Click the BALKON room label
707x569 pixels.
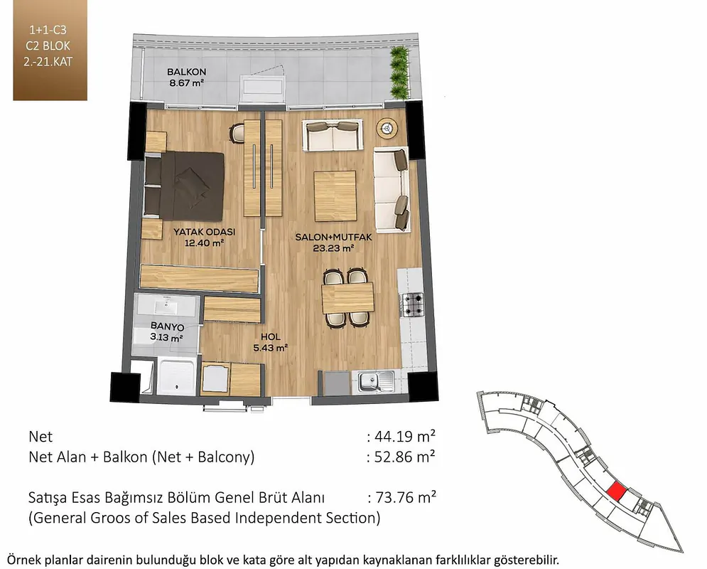tap(186, 72)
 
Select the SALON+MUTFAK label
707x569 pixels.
tap(333, 237)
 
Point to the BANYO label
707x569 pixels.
tap(167, 326)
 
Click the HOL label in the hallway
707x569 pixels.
tap(271, 336)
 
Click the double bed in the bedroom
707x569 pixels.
tap(185, 186)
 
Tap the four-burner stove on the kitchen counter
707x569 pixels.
tap(413, 304)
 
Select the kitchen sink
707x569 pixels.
tap(376, 382)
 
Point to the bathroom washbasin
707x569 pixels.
tap(167, 307)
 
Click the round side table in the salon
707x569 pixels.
tap(387, 129)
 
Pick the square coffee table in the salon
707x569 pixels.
tap(335, 196)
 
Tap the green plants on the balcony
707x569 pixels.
tap(399, 73)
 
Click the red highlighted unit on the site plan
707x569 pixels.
tap(616, 491)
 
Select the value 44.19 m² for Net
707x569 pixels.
tap(401, 436)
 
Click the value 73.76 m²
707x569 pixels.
tap(401, 497)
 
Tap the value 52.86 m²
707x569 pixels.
tap(401, 457)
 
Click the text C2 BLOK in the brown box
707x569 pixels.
tap(48, 46)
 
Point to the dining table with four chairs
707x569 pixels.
tap(347, 298)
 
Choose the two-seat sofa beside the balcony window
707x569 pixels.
tap(333, 135)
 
